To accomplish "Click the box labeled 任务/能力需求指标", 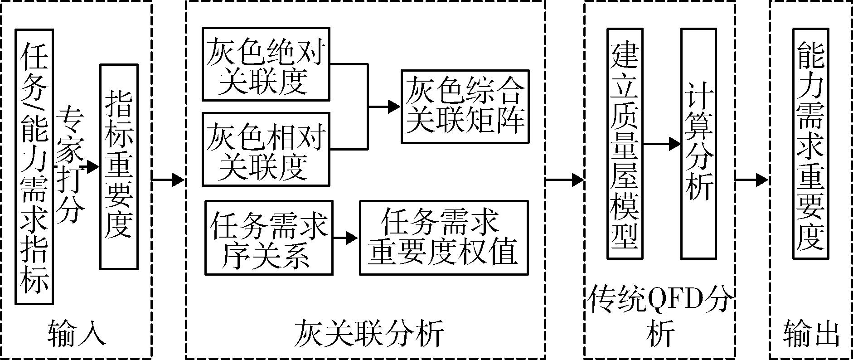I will [x=34, y=166].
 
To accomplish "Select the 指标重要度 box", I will [x=119, y=166].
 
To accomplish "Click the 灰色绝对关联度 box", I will [x=266, y=64].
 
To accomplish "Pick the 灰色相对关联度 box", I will [x=266, y=149].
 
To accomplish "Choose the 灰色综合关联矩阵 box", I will [x=465, y=107].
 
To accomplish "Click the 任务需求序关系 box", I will [x=269, y=238].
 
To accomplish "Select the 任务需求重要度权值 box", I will [x=444, y=238].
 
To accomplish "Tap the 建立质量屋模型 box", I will [x=625, y=144].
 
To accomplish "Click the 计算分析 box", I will [x=698, y=144].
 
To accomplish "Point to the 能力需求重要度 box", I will [x=810, y=144].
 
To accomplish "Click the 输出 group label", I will [x=811, y=335].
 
